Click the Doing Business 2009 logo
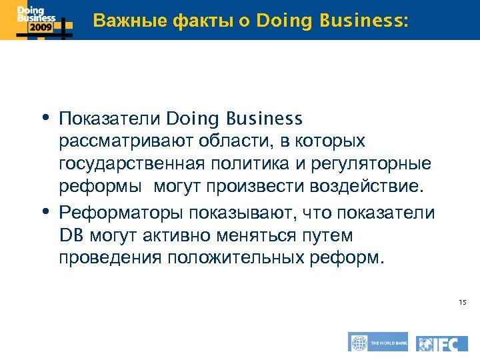coord(36,20)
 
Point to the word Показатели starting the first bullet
coord(109,119)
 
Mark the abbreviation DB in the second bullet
coord(69,235)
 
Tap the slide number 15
coord(462,303)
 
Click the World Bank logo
coord(377,343)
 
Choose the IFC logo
coord(443,343)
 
